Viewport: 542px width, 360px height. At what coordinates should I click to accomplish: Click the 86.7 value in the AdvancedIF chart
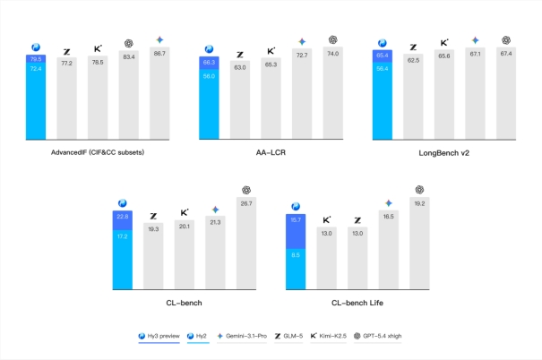click(x=159, y=55)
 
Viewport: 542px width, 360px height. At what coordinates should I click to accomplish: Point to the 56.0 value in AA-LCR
click(x=209, y=77)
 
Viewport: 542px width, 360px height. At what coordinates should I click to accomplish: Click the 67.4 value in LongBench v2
click(x=505, y=53)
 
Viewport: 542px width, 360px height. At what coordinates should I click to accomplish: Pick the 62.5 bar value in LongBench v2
click(x=413, y=60)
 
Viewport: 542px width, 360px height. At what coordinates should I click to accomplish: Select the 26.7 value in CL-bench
click(x=245, y=203)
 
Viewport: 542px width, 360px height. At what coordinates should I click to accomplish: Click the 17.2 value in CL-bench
click(x=123, y=236)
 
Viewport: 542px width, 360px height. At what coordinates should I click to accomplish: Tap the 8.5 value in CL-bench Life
click(x=295, y=254)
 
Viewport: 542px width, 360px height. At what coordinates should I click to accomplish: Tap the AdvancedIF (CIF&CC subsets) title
click(x=97, y=153)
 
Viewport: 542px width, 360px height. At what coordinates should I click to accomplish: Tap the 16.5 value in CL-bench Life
click(x=388, y=216)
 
